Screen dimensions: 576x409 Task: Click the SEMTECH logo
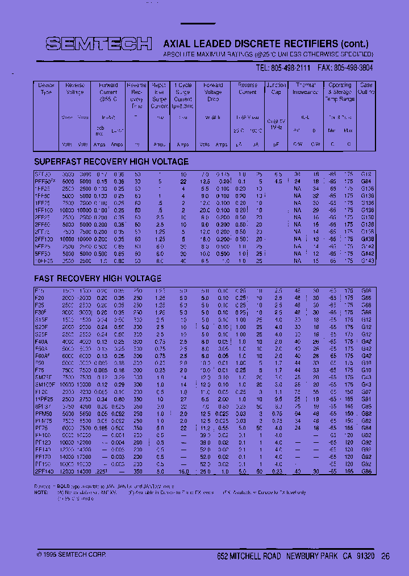98,44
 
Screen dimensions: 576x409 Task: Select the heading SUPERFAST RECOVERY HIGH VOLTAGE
111,161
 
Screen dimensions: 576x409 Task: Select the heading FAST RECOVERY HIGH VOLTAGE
98,278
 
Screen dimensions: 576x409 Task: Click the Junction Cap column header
276,89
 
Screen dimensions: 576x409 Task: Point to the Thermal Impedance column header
306,89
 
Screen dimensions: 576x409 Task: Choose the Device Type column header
46,89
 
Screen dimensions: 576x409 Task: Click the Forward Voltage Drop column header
213,92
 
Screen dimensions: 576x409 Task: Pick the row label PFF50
45,181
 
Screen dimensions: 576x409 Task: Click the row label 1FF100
44,210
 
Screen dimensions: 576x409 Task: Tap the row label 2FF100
44,240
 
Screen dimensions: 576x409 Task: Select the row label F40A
41,342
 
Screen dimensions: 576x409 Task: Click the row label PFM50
42,414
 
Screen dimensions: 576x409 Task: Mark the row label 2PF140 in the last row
43,472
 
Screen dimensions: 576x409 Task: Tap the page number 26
386,556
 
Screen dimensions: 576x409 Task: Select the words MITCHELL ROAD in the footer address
257,556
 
